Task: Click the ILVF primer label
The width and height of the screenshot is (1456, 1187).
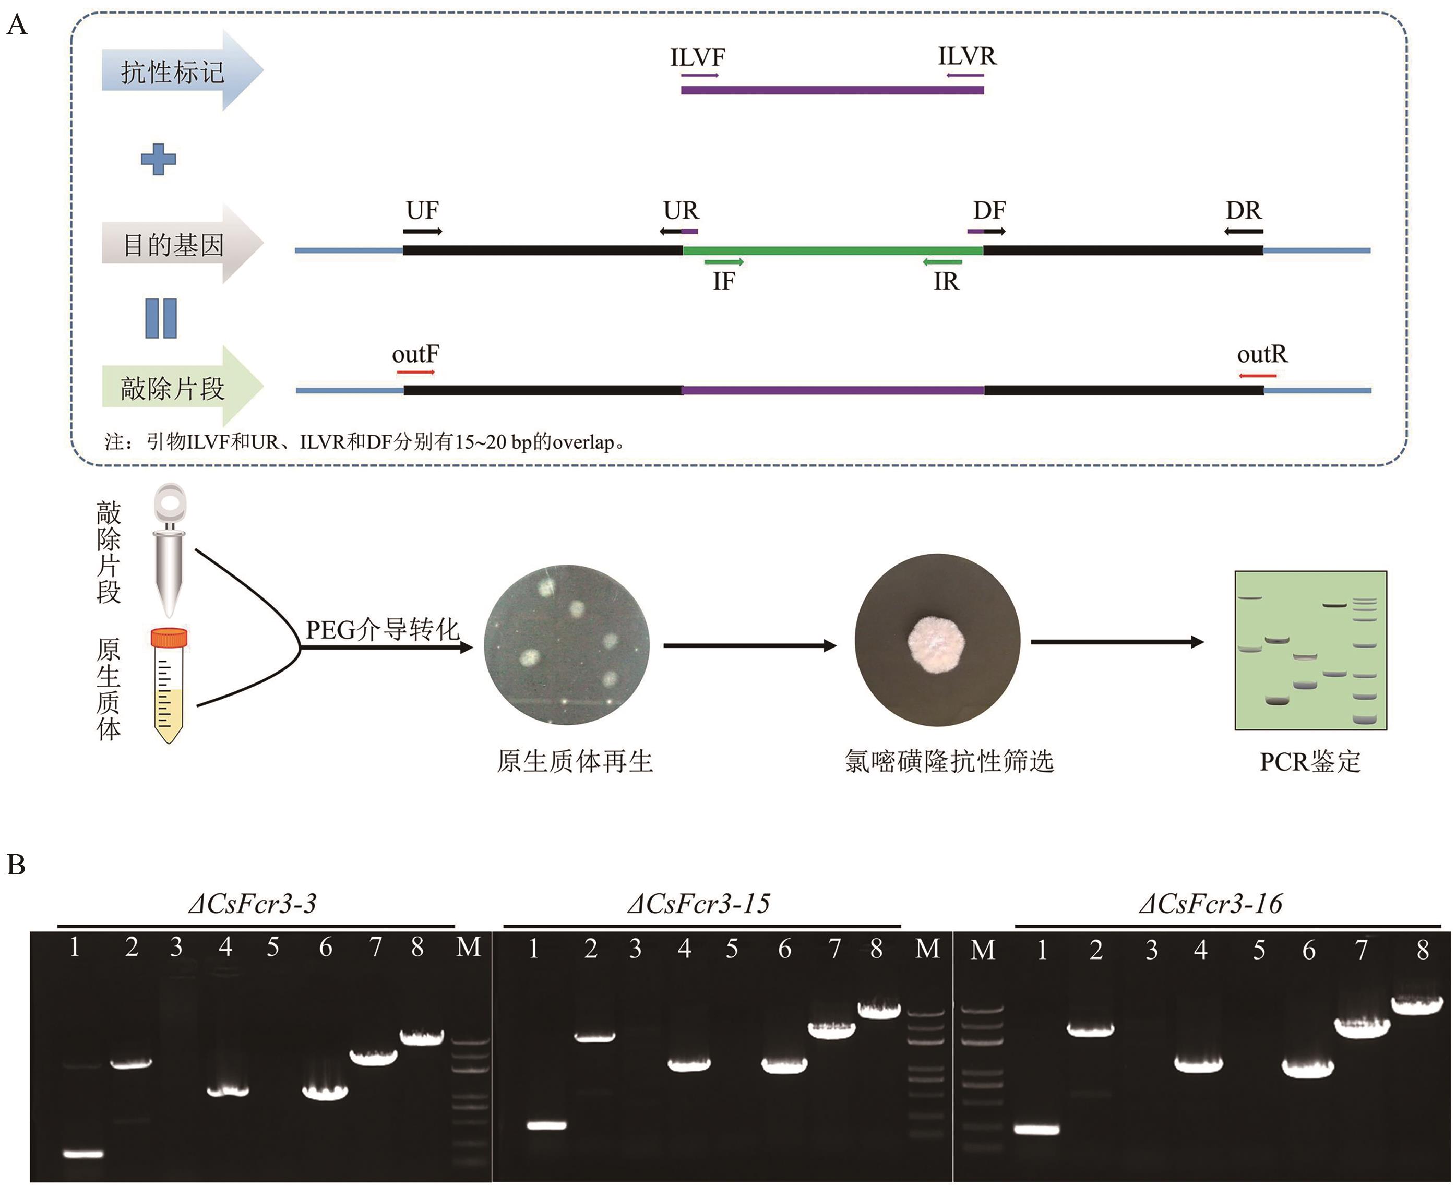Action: pos(697,57)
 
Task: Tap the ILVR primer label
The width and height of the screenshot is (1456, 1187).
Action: pos(966,56)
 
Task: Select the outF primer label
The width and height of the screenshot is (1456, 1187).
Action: pos(415,354)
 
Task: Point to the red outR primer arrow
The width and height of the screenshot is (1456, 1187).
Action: pos(1257,375)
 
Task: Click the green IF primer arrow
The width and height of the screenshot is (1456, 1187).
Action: pos(723,262)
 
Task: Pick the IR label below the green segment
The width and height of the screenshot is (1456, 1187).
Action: pos(947,281)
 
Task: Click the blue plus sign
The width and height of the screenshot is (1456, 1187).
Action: pos(158,159)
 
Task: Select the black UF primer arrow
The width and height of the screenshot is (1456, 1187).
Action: pos(422,231)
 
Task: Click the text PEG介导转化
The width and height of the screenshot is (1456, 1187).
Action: pos(381,629)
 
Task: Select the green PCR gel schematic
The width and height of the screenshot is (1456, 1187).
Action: pos(1310,650)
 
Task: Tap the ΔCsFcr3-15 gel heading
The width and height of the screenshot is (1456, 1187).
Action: pos(698,904)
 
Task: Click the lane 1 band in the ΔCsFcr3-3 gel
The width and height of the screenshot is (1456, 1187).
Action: pos(83,1154)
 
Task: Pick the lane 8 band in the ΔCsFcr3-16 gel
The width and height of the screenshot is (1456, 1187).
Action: pos(1417,1004)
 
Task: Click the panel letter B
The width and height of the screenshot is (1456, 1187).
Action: pos(16,865)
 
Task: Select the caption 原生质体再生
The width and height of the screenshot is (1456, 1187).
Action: pos(575,761)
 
